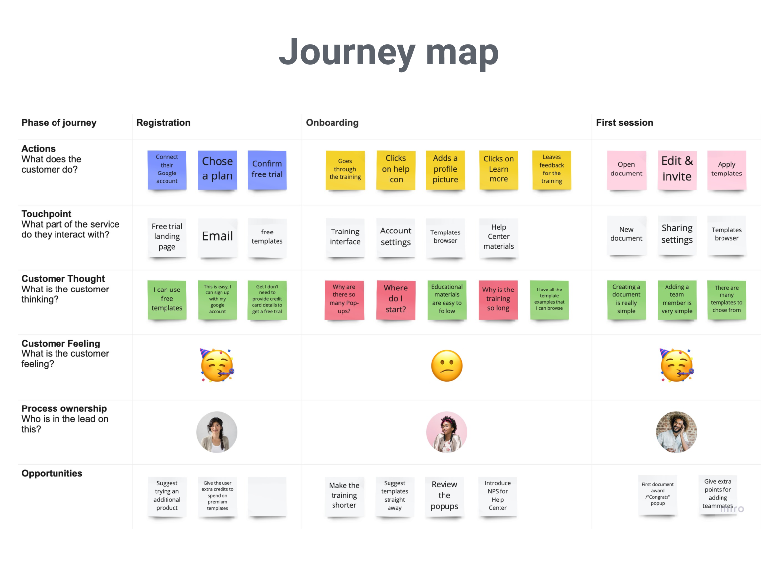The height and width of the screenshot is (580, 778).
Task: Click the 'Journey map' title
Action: coord(389,53)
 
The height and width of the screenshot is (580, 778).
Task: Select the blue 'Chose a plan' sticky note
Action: coord(217,170)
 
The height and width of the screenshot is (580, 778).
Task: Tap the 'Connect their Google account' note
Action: coord(167,170)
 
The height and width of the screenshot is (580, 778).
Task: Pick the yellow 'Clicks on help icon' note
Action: coord(395,170)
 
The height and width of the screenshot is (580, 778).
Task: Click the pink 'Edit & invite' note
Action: coord(676,170)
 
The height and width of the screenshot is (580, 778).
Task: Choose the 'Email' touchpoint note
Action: coord(217,237)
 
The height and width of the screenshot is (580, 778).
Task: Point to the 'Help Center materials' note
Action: coord(499,237)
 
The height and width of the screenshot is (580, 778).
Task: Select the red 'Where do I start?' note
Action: coord(395,300)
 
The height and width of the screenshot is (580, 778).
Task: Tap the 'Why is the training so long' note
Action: coord(498,300)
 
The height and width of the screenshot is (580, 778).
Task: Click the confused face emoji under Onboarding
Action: coord(446,366)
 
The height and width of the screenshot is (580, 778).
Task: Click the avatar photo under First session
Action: coord(676,432)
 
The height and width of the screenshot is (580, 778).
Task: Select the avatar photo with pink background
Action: coord(446,432)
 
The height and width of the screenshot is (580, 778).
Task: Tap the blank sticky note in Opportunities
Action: coord(267,496)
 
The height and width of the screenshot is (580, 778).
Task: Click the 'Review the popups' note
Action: coord(444,496)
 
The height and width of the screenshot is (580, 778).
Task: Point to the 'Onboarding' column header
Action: coord(332,122)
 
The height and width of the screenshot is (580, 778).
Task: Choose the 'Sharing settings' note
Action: coord(676,235)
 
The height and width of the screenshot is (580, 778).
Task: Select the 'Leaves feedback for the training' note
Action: coord(552,170)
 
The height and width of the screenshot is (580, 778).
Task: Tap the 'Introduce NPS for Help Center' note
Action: coord(498,496)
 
